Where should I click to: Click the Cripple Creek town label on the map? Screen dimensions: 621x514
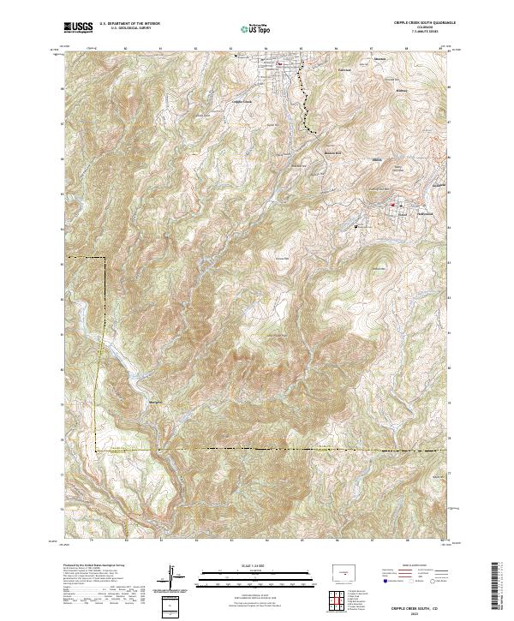243,102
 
